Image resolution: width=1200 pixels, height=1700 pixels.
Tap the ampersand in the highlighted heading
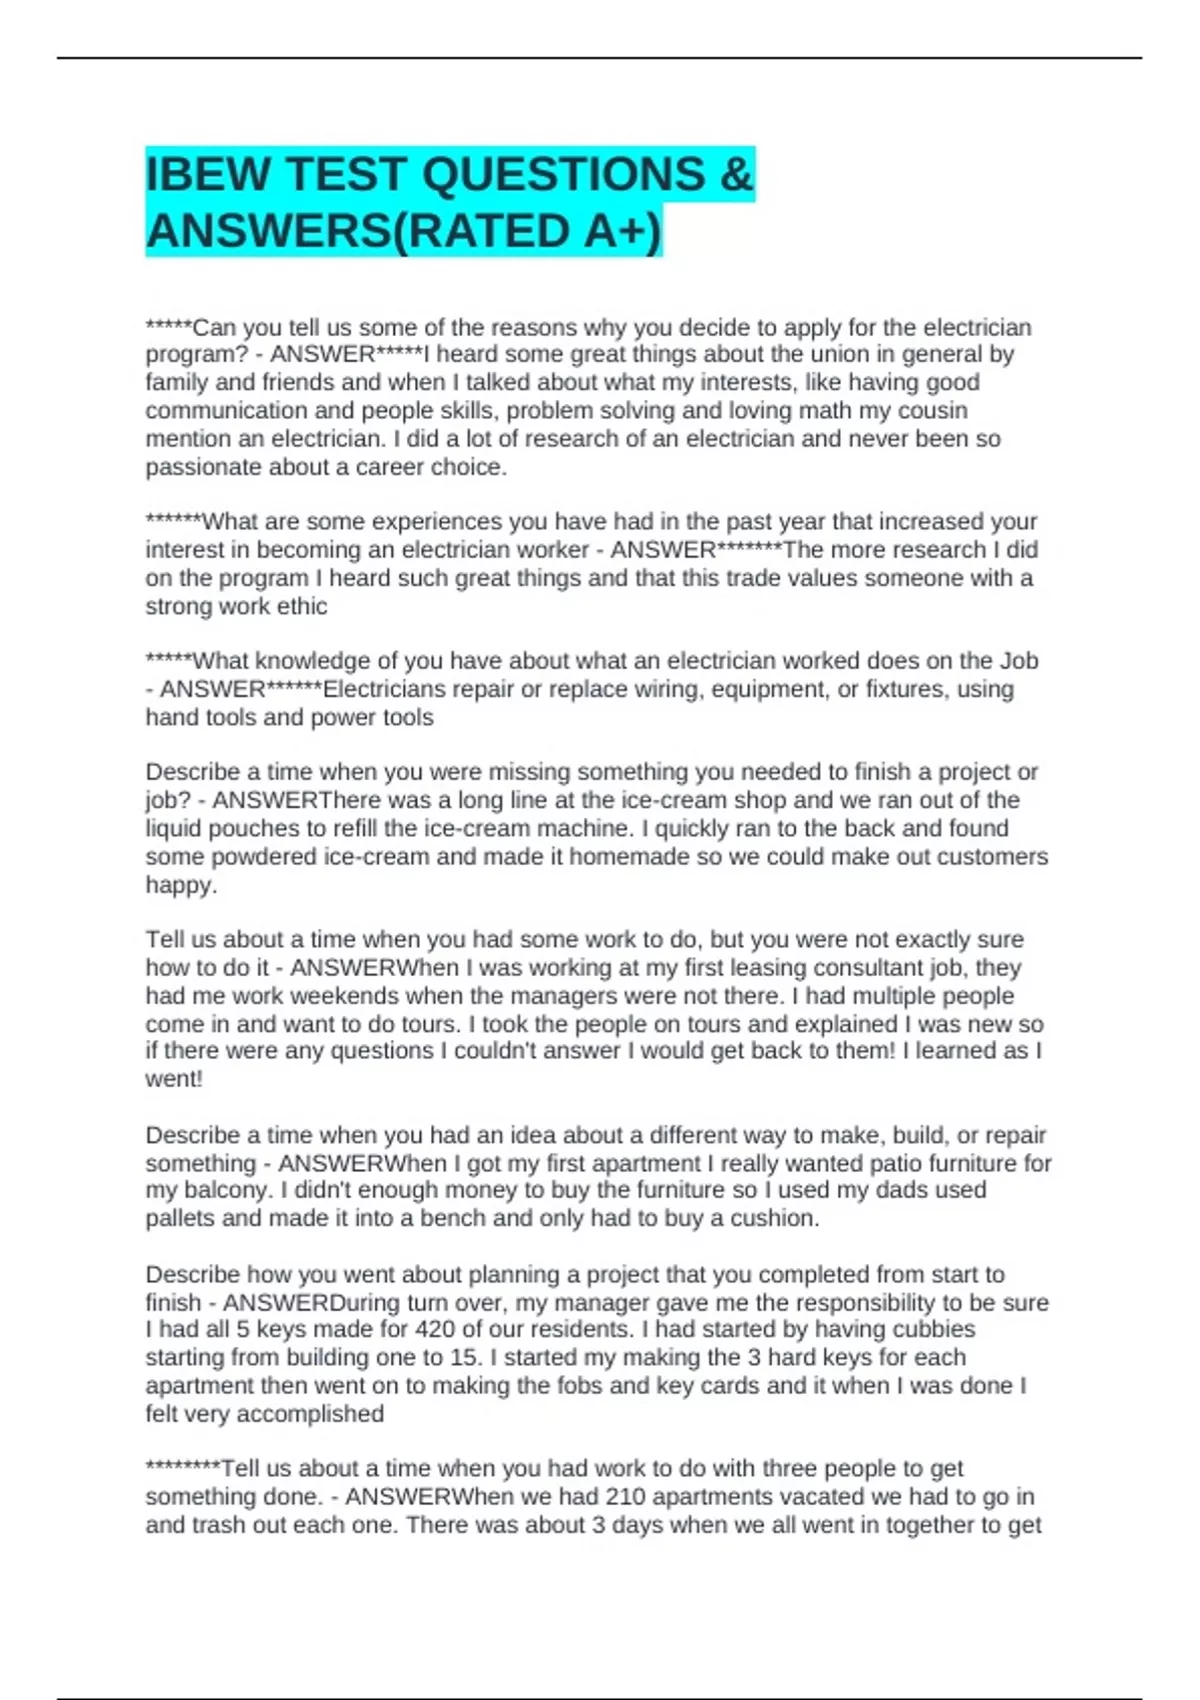(x=735, y=175)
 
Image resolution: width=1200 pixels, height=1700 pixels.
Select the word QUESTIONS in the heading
(x=563, y=175)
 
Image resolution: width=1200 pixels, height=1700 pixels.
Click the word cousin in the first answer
(x=933, y=411)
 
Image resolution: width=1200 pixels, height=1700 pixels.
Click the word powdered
(x=256, y=857)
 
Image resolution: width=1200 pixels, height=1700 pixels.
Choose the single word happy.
(x=179, y=886)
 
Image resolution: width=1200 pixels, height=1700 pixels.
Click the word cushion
(x=773, y=1219)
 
